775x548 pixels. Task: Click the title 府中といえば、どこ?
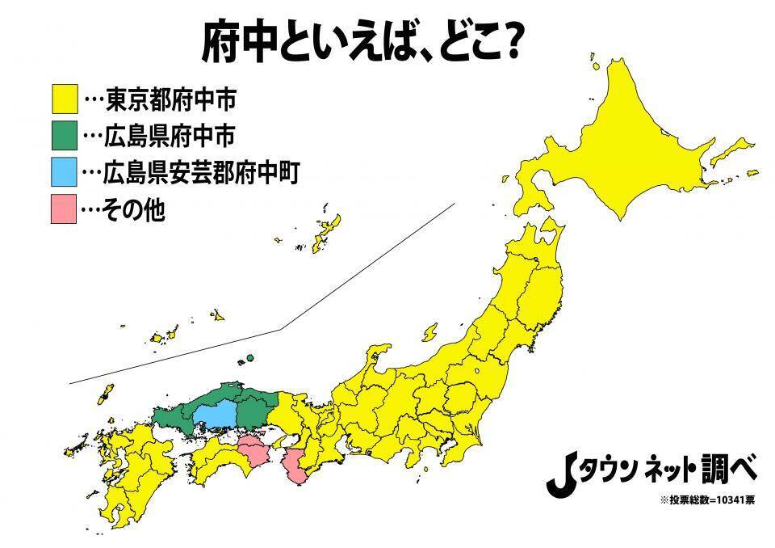[359, 42]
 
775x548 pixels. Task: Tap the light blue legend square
[64, 172]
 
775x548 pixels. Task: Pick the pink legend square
[64, 209]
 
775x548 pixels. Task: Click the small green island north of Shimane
[251, 357]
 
